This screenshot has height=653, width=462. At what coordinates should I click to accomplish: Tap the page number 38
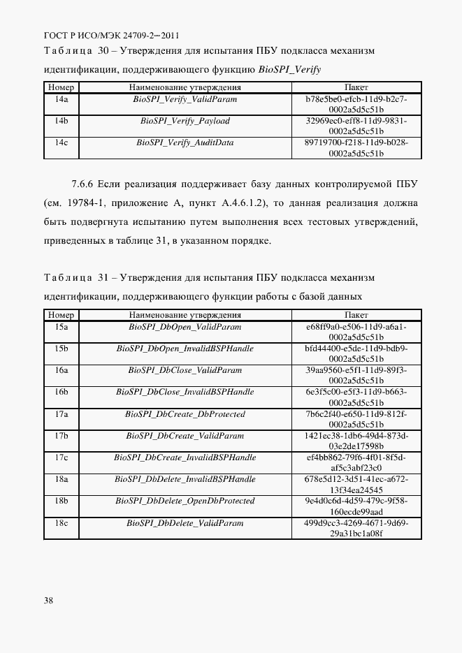tap(48, 600)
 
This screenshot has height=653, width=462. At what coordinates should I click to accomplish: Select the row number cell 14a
tap(61, 99)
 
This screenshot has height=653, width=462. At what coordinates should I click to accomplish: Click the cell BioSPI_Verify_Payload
tap(185, 121)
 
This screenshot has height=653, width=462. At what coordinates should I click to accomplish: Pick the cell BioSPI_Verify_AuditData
tap(185, 142)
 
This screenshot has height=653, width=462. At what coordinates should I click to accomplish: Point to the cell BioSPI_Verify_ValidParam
tap(185, 99)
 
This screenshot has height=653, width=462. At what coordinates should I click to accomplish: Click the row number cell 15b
tap(61, 348)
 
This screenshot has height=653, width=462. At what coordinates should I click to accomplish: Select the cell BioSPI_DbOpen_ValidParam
tap(185, 326)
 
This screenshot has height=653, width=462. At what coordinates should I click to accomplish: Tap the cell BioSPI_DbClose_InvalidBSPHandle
tap(185, 392)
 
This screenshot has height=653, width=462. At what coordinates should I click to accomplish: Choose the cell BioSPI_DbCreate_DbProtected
tap(185, 414)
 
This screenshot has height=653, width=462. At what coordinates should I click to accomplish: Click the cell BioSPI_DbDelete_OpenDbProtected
tap(185, 501)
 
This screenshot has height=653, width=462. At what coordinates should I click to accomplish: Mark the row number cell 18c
tap(61, 522)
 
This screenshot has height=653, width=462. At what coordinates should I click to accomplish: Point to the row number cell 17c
tap(61, 457)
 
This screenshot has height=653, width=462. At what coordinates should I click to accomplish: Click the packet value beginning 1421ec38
tap(356, 441)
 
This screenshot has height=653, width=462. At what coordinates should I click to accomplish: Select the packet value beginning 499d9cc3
tap(356, 527)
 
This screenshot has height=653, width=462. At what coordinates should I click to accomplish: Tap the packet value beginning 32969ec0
tap(356, 126)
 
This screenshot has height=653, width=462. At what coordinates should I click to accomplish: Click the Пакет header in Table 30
tap(356, 87)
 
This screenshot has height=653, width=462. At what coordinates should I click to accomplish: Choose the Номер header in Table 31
tap(61, 315)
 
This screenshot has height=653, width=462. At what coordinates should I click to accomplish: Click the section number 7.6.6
tap(83, 184)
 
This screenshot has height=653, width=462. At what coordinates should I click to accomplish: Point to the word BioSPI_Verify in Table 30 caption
tap(289, 69)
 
